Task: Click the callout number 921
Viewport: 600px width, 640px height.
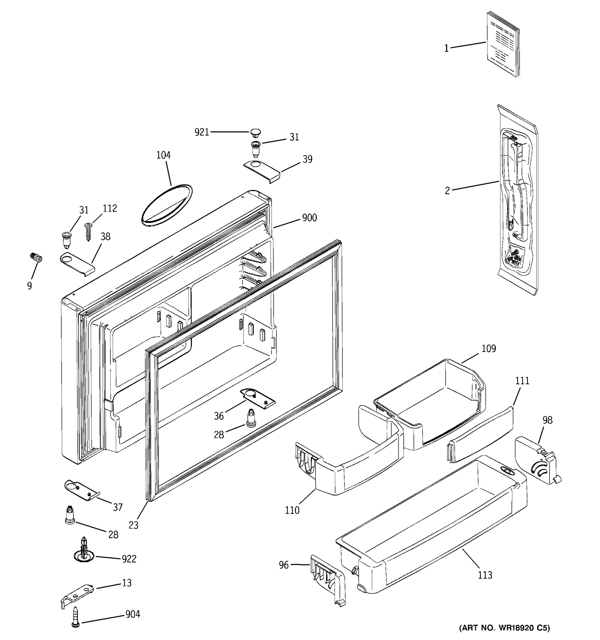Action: point(202,132)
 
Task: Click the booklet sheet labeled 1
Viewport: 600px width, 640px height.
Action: point(502,44)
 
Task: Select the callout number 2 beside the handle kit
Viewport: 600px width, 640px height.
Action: point(447,191)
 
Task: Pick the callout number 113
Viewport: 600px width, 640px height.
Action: point(485,575)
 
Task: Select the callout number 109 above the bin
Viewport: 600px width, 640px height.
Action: point(489,349)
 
